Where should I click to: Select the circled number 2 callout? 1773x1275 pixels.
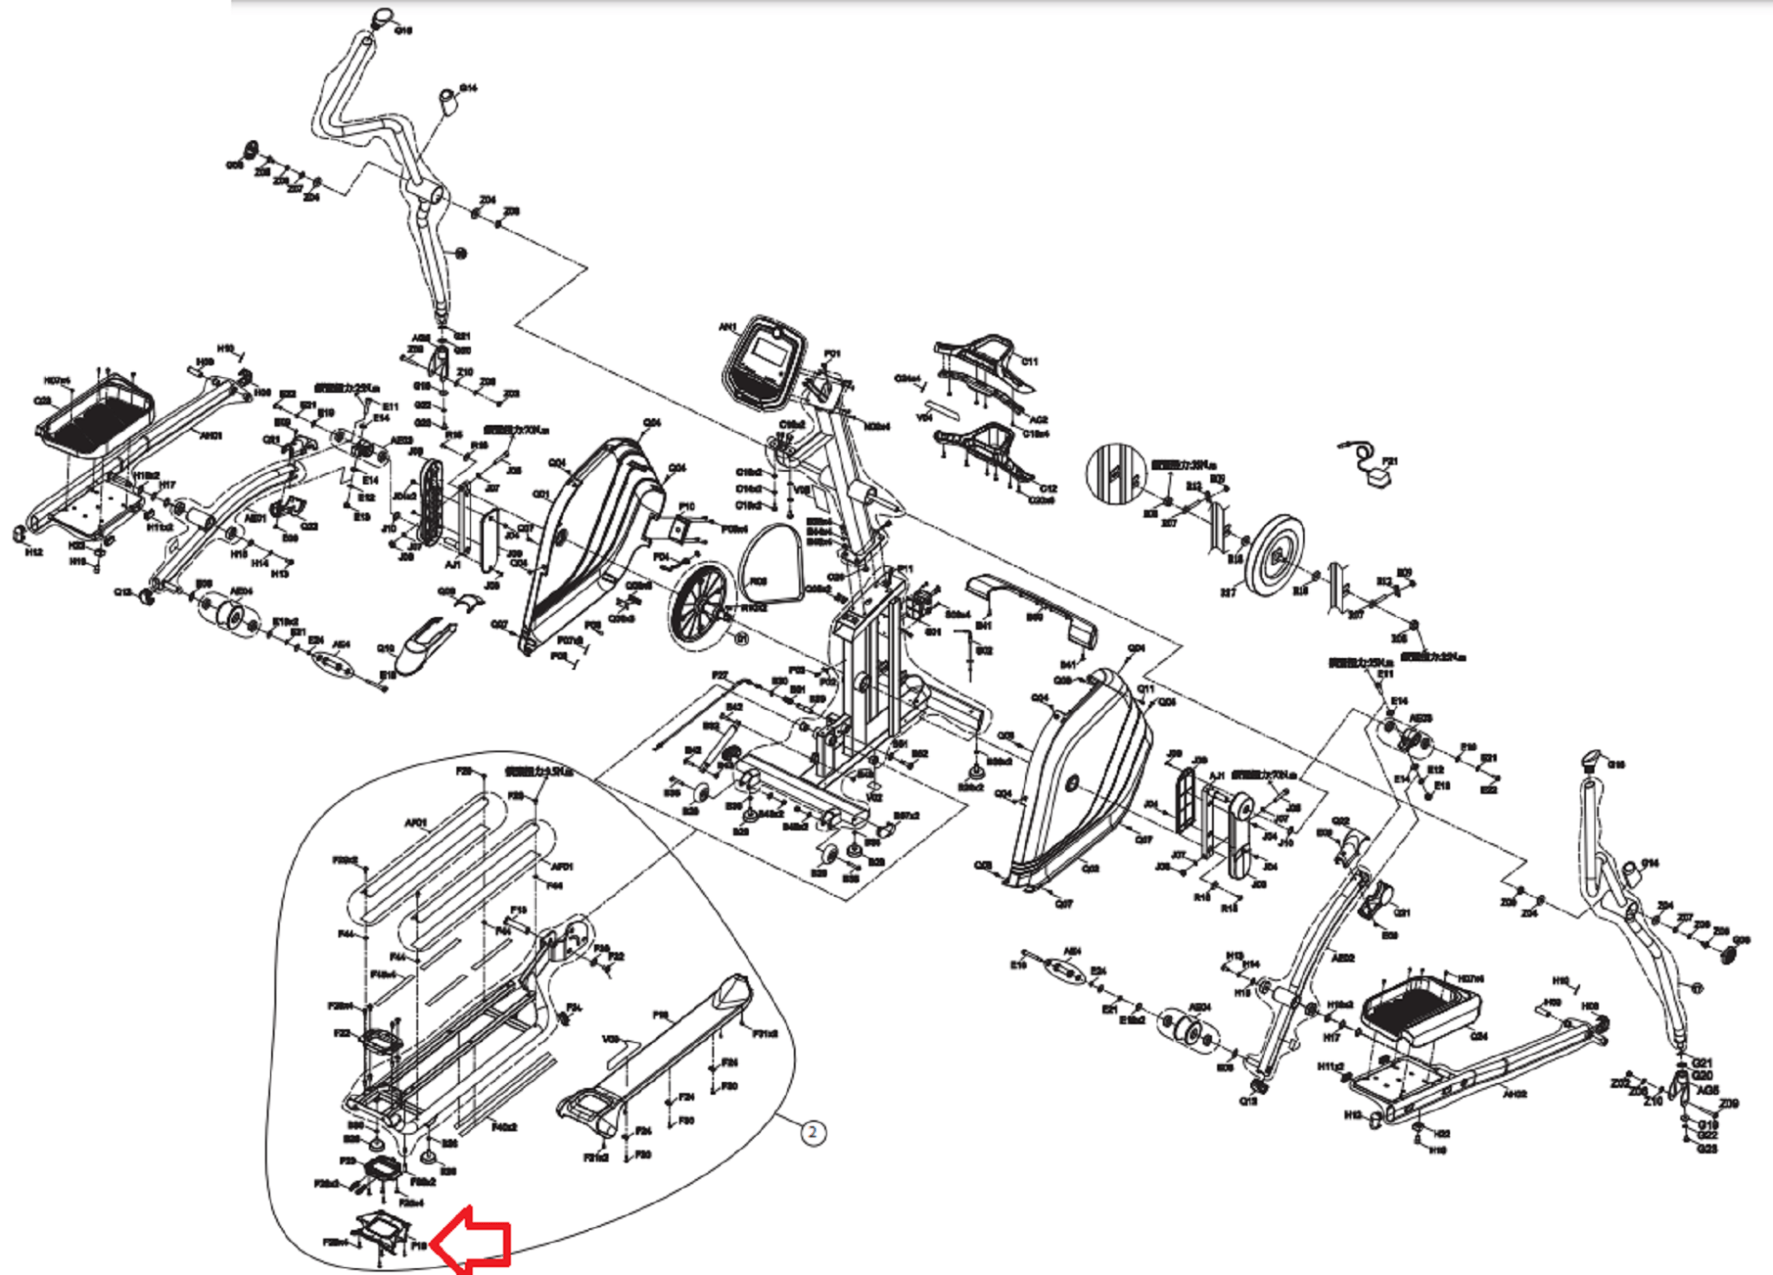[x=811, y=1132]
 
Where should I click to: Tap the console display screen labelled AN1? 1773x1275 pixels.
[x=766, y=356]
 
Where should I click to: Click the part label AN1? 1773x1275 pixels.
[x=727, y=327]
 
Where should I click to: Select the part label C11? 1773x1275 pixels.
[x=1029, y=362]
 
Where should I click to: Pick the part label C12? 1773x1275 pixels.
[x=1048, y=488]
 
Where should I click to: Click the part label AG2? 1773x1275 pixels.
[x=1038, y=419]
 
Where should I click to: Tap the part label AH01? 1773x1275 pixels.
[x=211, y=435]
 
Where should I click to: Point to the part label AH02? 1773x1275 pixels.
[x=1514, y=1094]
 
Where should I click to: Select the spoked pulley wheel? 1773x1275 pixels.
[x=698, y=603]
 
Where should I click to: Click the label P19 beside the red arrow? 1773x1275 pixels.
[x=419, y=1245]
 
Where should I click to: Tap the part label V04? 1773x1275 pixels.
[x=925, y=417]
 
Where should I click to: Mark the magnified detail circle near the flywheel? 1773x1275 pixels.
[x=1115, y=473]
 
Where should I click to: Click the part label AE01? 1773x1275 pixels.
[x=255, y=518]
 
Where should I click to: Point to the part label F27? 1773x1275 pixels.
[x=719, y=675]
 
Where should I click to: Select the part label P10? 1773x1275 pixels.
[x=687, y=506]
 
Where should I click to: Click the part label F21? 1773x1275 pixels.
[x=1389, y=461]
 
